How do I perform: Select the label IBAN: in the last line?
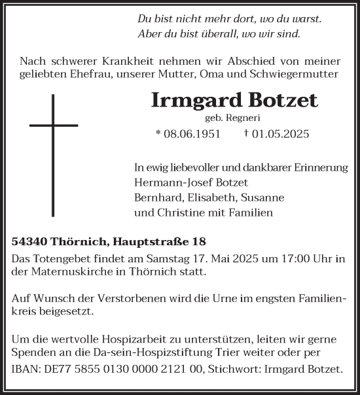coord(27,369)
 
